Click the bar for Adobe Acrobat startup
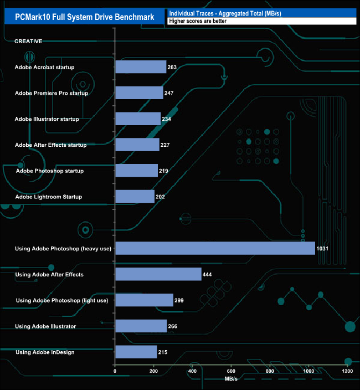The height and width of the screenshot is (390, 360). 141,67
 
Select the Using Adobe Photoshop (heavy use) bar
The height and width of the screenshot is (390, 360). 215,248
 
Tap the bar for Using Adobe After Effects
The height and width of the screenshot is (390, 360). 158,274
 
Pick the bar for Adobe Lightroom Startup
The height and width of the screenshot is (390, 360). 135,197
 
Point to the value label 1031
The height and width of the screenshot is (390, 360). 322,249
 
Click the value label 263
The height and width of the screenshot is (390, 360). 172,67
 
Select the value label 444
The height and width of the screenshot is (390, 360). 208,274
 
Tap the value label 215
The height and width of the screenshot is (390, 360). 163,352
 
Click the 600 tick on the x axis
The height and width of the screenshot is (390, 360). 231,371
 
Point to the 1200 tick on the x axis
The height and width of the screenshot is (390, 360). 347,371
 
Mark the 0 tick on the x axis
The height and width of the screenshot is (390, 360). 115,371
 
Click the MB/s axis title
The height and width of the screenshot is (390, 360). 231,379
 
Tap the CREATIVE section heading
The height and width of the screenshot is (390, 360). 28,42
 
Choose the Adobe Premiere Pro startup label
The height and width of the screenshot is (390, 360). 52,93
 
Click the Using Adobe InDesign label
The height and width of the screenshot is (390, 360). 45,352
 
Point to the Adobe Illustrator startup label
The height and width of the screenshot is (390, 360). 47,119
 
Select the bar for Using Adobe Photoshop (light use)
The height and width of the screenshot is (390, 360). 144,300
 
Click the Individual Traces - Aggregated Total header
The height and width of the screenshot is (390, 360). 224,13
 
